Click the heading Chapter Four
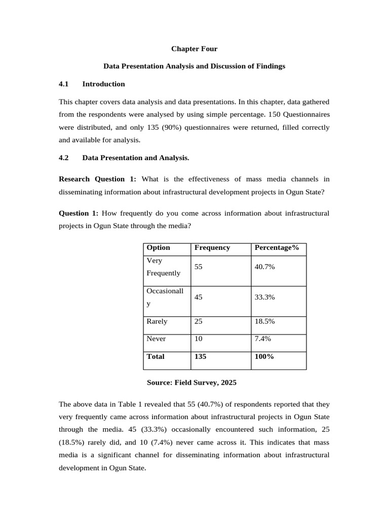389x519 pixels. tap(194, 49)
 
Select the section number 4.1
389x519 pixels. tap(63, 84)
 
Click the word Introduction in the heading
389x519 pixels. tap(103, 84)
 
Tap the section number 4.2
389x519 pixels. tap(63, 158)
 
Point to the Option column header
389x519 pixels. tap(158, 248)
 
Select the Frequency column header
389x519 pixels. tap(212, 248)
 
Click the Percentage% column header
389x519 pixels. tap(277, 248)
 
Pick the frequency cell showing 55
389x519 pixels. tap(198, 267)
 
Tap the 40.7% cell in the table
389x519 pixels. tap(264, 267)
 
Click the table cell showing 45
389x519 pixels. tap(198, 297)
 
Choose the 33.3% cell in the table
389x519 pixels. tap(264, 297)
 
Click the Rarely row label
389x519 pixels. tap(157, 321)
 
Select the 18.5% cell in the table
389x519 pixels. tap(264, 321)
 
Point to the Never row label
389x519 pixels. tap(155, 339)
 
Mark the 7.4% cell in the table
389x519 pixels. tap(262, 339)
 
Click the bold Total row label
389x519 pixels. tap(155, 356)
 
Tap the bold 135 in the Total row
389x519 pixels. tap(200, 356)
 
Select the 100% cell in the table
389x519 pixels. tap(264, 356)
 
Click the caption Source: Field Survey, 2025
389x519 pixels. tap(191, 383)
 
